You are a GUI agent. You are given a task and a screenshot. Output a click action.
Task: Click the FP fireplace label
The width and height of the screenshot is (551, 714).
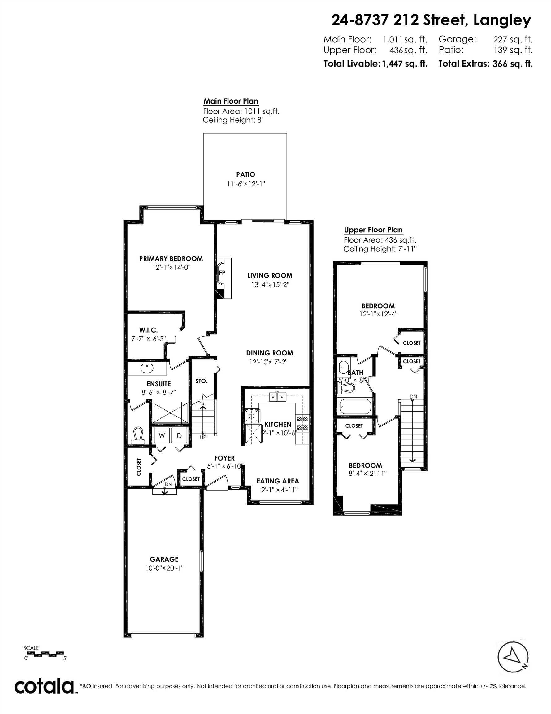coord(222,273)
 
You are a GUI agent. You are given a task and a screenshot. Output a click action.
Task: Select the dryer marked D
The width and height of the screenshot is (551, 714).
coord(179,435)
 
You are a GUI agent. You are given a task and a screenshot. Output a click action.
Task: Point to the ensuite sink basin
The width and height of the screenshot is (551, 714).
coord(147,368)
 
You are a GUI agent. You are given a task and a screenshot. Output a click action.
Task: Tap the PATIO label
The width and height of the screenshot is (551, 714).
coord(245,174)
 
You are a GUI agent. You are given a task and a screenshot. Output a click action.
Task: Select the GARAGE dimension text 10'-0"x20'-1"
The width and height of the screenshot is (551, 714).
coord(164,568)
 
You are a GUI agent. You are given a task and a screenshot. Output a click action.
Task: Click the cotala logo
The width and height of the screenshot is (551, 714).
coord(44,686)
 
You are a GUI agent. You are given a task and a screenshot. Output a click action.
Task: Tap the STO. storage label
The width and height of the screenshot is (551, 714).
coord(202,381)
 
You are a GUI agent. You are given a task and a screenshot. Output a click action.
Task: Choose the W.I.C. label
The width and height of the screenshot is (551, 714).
coord(148,330)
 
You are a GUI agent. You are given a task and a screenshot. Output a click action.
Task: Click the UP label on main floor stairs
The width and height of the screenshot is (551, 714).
coord(203,437)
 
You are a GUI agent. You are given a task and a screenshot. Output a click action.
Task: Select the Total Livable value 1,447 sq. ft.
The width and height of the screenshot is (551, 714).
coord(405,64)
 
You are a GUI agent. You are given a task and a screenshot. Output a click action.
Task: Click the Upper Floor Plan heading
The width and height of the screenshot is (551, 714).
coord(373,230)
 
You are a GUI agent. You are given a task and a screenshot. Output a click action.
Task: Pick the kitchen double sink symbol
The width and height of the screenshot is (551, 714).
coord(277,397)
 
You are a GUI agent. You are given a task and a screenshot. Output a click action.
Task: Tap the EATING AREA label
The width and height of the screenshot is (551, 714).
coord(278,481)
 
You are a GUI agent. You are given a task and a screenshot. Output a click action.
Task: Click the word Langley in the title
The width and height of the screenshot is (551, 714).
coord(502,20)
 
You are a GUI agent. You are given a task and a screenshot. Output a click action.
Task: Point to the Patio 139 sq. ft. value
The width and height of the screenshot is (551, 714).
coord(513,50)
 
